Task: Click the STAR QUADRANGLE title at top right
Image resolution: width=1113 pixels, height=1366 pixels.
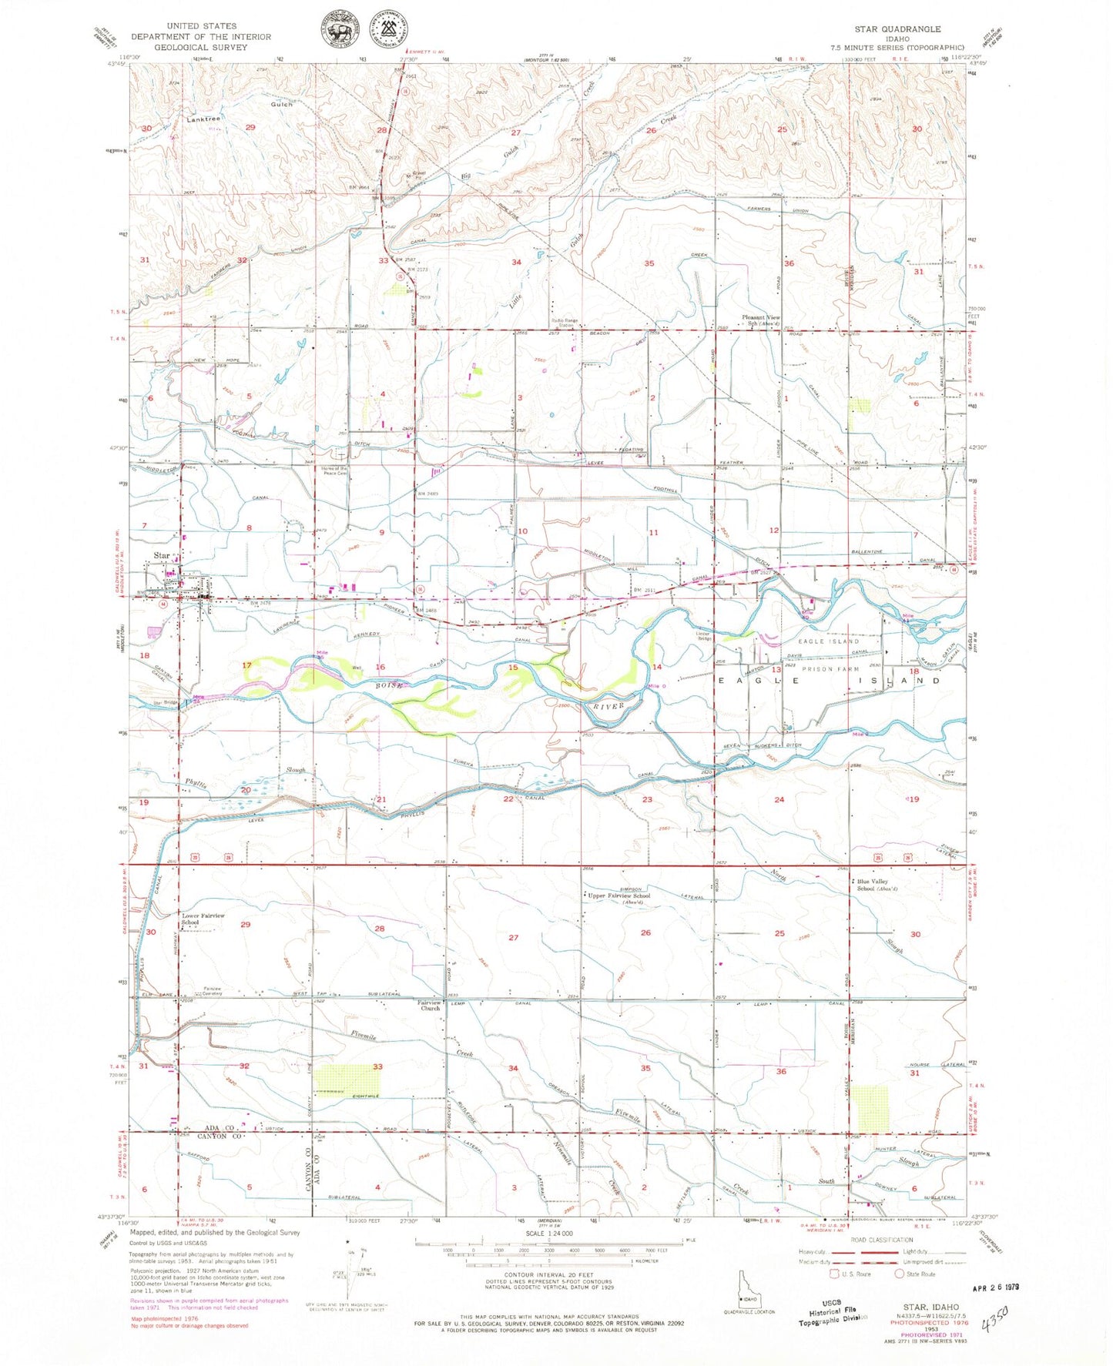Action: [897, 28]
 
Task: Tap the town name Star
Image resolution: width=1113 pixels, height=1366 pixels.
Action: [162, 555]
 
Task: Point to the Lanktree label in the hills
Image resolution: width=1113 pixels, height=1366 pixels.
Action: [203, 119]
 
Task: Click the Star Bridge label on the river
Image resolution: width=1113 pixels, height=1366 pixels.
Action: [166, 702]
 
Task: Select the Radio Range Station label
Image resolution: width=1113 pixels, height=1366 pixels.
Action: [566, 324]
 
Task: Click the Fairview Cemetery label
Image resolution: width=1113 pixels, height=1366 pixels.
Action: [212, 991]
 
